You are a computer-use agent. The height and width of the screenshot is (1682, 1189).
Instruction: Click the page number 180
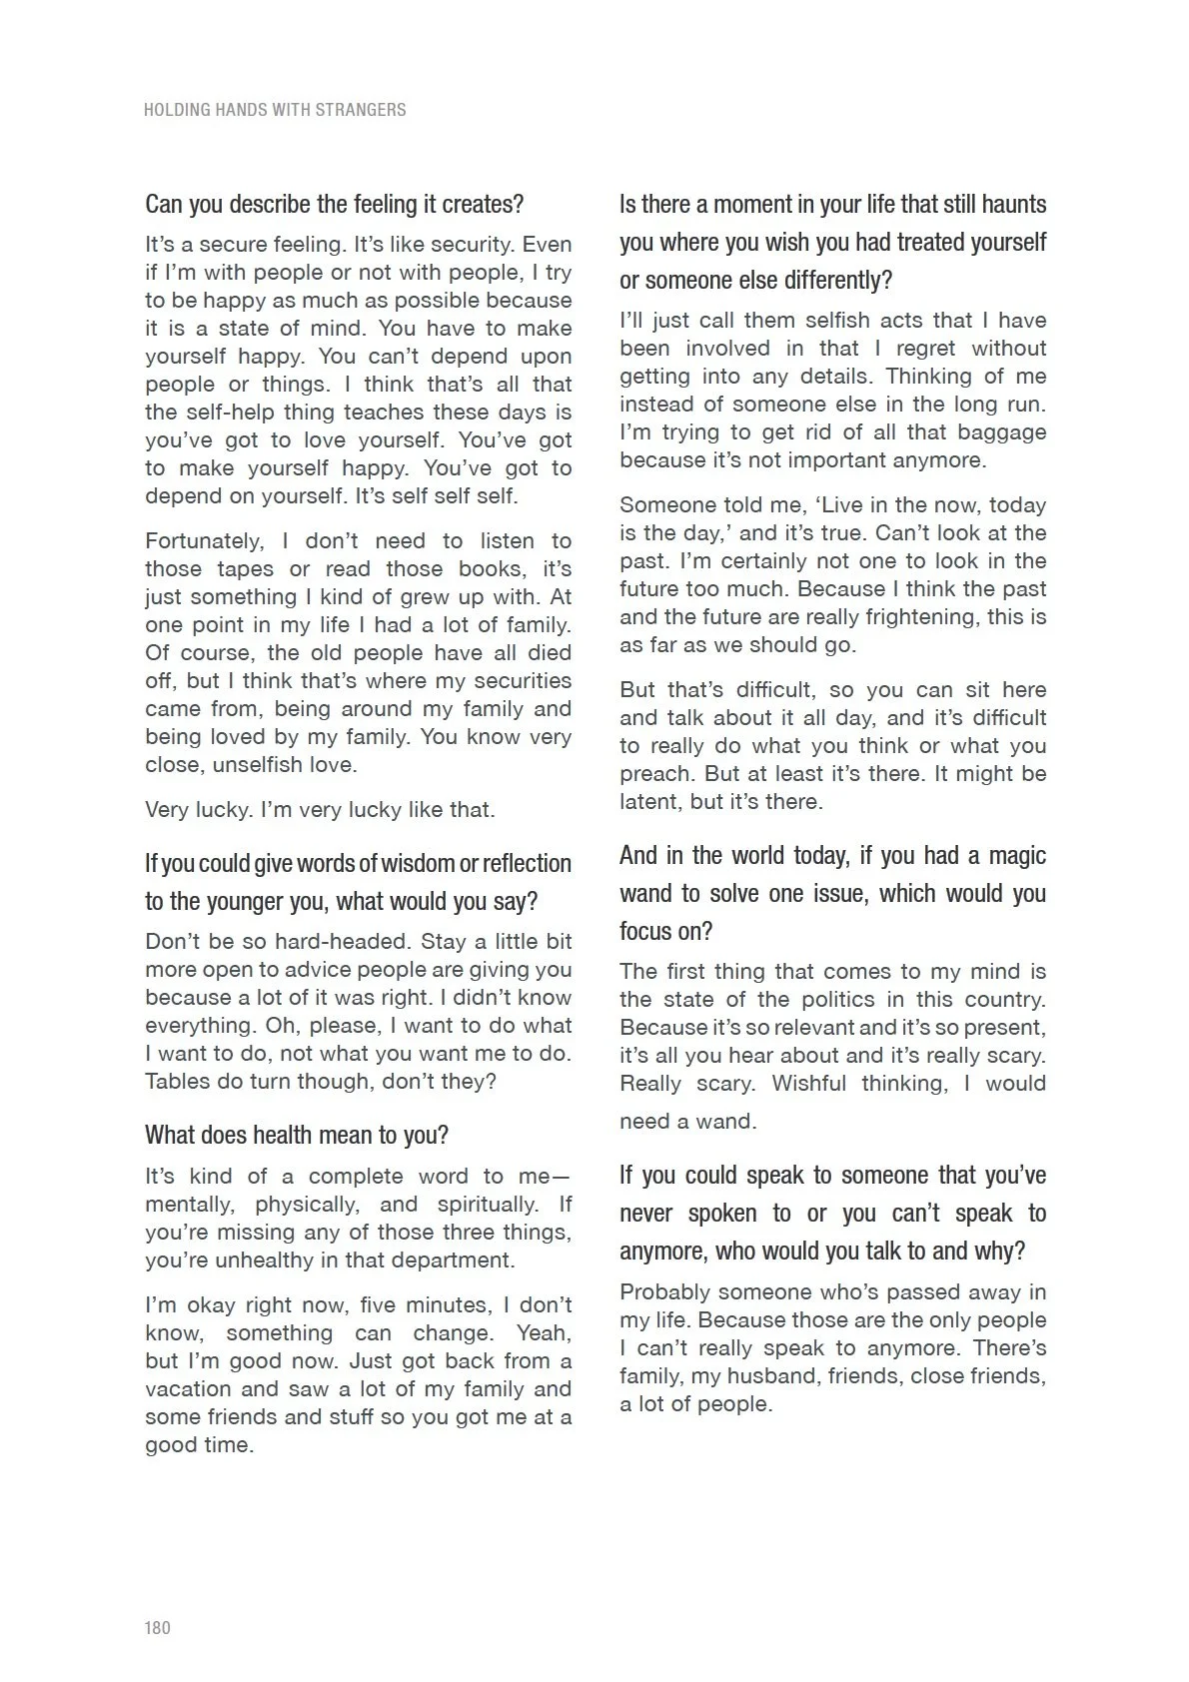[158, 1628]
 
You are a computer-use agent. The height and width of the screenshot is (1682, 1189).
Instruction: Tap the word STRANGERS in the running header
[361, 110]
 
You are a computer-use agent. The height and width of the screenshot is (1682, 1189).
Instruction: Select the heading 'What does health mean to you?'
[297, 1136]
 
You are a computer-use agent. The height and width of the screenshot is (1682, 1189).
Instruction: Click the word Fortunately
[204, 541]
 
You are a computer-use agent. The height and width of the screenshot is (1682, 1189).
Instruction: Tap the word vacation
[189, 1389]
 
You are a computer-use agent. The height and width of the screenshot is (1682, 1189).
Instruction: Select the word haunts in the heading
[1010, 205]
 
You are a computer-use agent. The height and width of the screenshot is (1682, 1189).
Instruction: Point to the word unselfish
[246, 766]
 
